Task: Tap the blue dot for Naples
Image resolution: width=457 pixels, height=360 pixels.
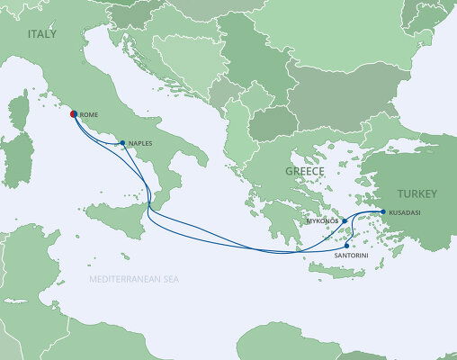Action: click(122, 142)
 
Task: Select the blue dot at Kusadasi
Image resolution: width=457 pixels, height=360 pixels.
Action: click(383, 211)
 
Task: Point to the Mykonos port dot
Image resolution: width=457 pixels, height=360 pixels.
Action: click(345, 220)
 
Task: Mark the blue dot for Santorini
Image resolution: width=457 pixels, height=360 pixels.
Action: click(346, 245)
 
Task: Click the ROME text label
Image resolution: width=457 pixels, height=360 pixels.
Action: click(88, 116)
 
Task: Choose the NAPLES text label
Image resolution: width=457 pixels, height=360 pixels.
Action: click(139, 143)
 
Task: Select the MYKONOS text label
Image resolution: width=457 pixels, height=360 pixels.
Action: click(321, 220)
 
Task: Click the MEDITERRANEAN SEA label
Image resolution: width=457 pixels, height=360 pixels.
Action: click(134, 281)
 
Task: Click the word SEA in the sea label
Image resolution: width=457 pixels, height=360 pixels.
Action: click(170, 281)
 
